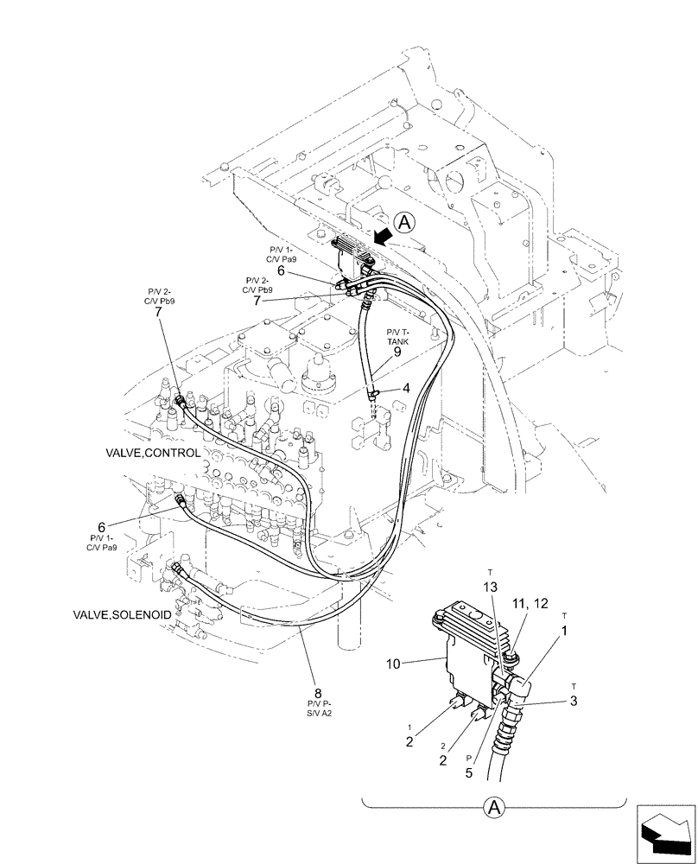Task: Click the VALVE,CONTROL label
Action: point(153,453)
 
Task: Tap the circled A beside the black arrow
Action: point(406,225)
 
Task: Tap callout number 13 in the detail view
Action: point(490,588)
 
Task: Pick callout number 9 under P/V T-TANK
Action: point(397,352)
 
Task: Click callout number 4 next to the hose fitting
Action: point(406,390)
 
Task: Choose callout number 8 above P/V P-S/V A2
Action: point(318,693)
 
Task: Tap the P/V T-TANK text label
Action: point(397,335)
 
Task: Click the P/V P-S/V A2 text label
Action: point(318,710)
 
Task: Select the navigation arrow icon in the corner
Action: point(666,834)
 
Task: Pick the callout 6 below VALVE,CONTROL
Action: point(101,527)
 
